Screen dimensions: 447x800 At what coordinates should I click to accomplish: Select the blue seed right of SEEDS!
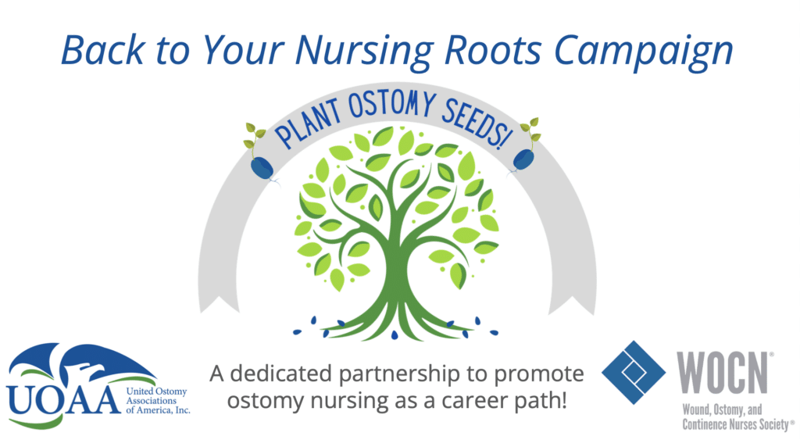[523, 160]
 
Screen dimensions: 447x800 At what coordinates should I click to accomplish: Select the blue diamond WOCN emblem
[634, 373]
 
